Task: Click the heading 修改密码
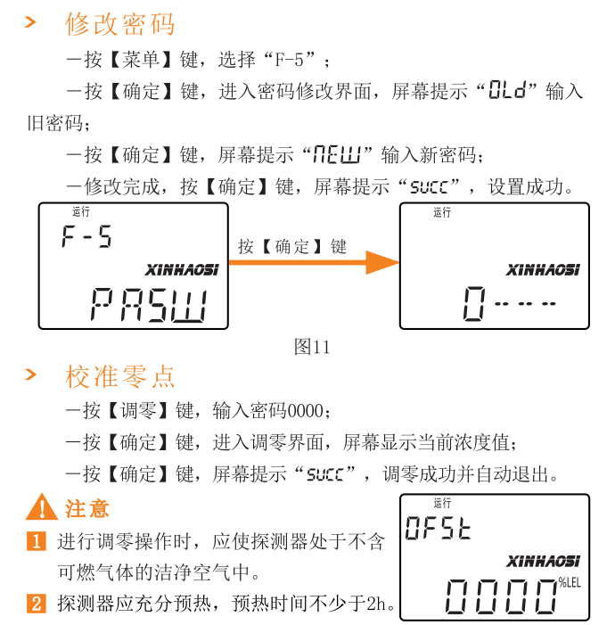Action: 119,24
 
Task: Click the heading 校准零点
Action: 119,376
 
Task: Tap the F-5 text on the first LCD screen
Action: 86,236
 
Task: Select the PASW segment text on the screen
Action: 149,305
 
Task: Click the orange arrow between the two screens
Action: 314,262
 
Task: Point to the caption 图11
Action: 312,347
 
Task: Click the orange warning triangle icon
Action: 42,507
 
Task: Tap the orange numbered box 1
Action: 37,541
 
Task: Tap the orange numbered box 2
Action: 37,604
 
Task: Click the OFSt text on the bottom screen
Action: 438,528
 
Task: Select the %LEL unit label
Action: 570,583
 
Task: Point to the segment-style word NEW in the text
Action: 337,154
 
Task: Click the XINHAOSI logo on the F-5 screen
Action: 182,270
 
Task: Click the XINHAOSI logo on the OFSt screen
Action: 543,561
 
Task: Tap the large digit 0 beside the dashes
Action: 474,303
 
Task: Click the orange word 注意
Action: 87,508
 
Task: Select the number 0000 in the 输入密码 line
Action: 306,411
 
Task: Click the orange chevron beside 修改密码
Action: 30,22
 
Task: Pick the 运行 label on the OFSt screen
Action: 442,503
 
